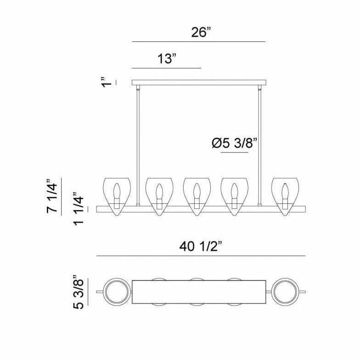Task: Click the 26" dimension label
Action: tap(201, 32)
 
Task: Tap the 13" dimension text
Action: tap(168, 59)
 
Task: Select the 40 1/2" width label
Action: tap(201, 247)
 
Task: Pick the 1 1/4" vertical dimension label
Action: tap(78, 208)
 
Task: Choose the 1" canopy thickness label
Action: tap(107, 82)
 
